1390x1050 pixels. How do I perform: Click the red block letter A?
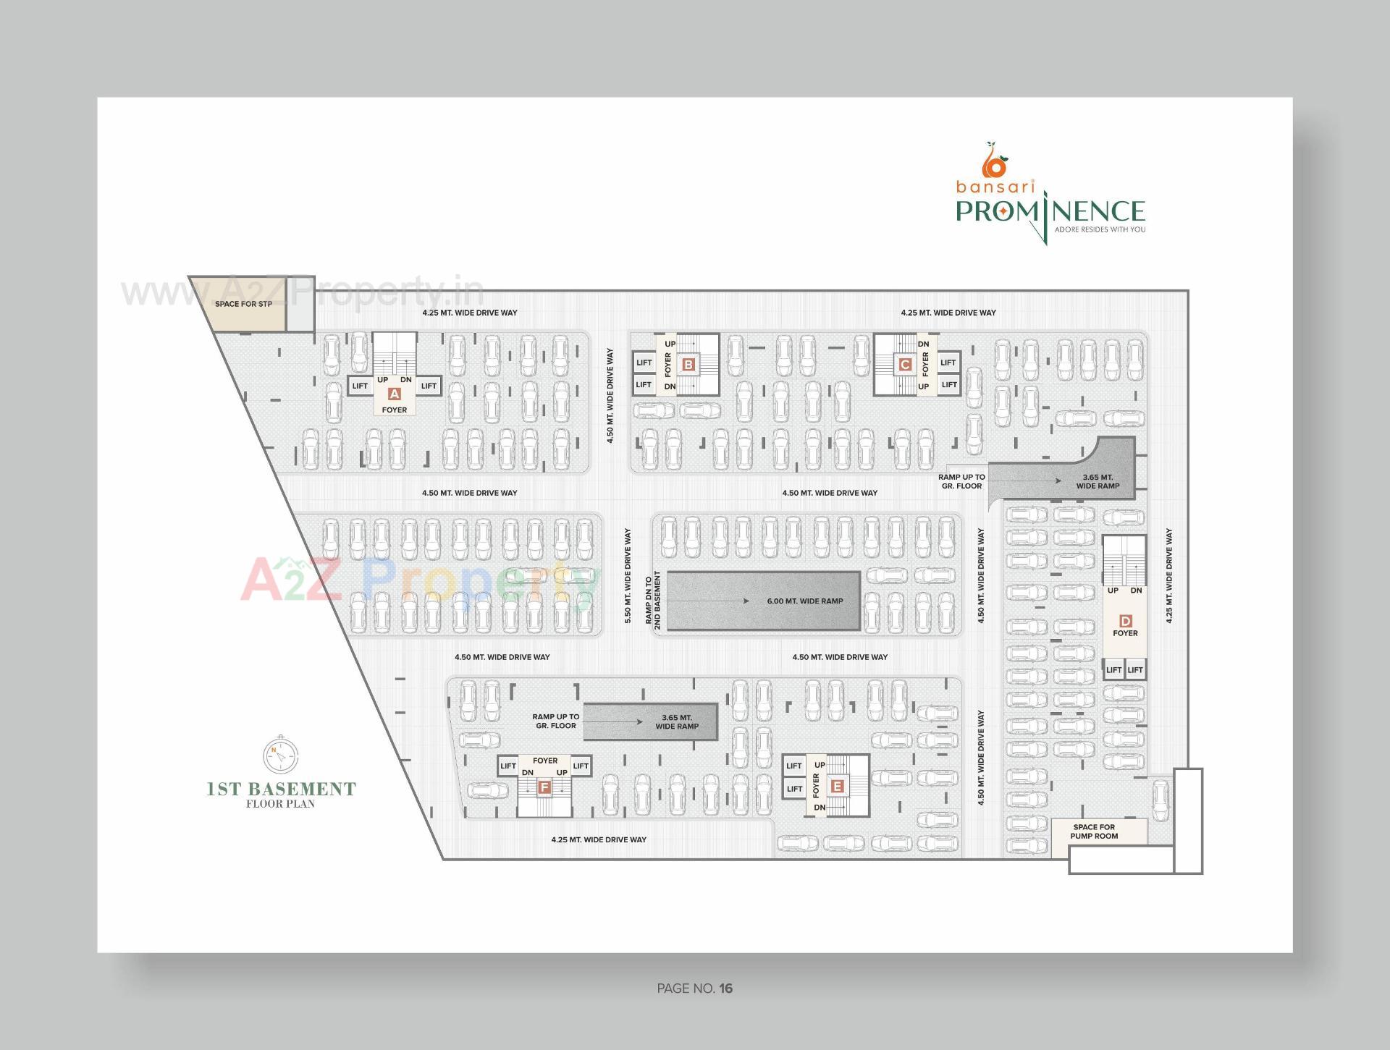tap(395, 394)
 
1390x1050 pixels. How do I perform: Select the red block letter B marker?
tap(688, 365)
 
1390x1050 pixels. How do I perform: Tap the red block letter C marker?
tap(904, 365)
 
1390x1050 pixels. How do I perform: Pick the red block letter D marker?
tap(1125, 621)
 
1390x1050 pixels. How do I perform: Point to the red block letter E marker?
tap(838, 786)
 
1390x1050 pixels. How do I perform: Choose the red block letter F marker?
tap(545, 787)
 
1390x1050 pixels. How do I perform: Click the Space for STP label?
tap(243, 304)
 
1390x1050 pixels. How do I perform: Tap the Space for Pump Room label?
tap(1094, 831)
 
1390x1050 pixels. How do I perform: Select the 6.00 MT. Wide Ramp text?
tap(805, 601)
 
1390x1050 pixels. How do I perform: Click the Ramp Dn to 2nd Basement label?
tap(653, 601)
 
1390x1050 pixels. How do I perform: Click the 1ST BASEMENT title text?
tap(282, 789)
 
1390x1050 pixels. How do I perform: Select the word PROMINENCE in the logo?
tap(1050, 211)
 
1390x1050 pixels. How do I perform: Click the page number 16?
tap(726, 988)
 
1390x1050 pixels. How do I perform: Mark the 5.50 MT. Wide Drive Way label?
tap(628, 576)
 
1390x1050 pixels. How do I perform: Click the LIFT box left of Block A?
tap(360, 386)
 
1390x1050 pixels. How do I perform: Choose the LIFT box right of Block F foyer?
tap(581, 766)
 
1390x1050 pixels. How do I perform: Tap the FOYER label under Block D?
tap(1125, 633)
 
